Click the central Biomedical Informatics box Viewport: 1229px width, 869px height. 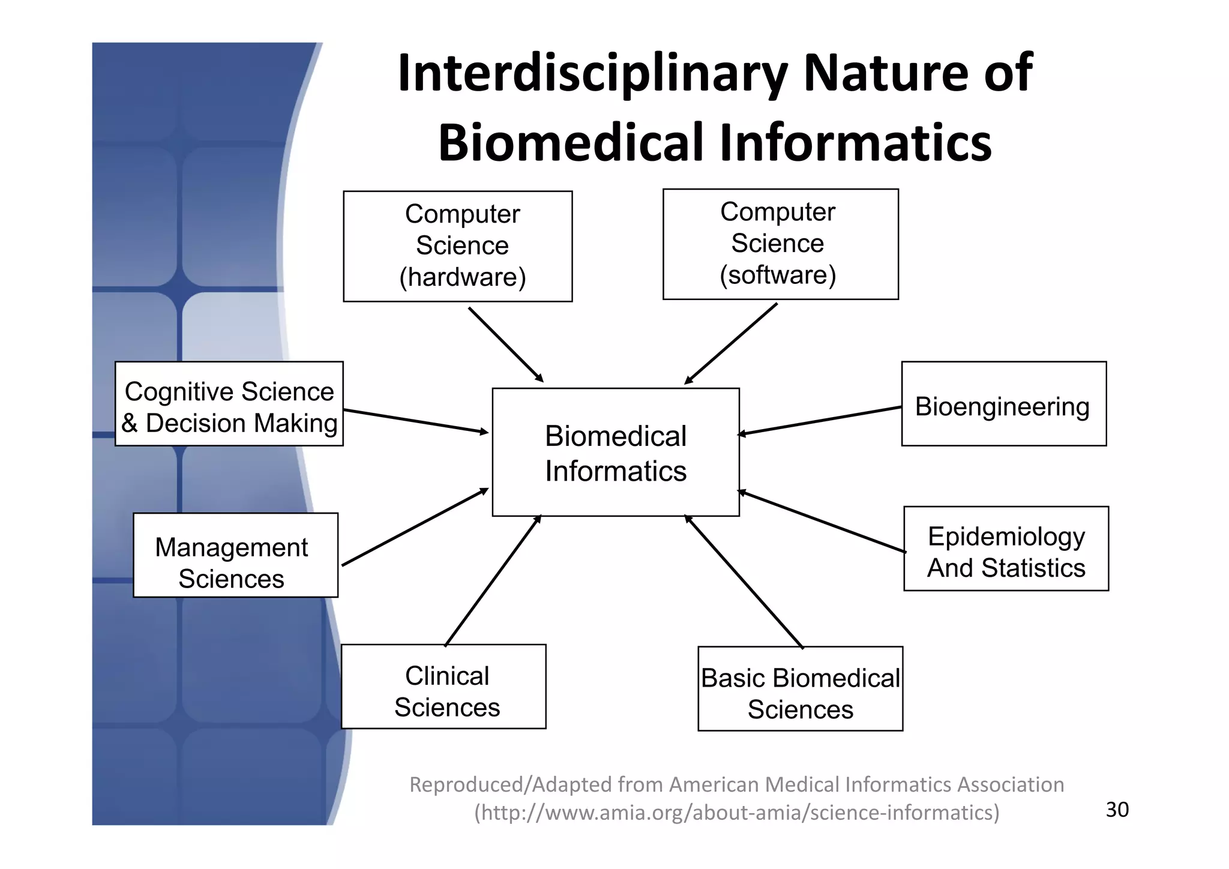coord(616,452)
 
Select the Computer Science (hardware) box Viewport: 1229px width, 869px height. coord(458,246)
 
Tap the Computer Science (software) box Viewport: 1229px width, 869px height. coord(780,244)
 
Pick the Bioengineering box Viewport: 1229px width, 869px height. coord(1003,403)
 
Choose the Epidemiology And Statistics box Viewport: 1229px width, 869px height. coord(1006,549)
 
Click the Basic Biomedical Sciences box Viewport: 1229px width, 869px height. coord(800,688)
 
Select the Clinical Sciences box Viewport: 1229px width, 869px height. coord(443,687)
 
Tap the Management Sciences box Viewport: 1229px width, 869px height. coord(235,555)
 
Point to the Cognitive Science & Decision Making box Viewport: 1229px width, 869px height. coord(229,403)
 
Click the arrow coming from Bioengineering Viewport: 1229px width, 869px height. coord(820,420)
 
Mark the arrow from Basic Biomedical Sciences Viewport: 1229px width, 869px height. coord(744,581)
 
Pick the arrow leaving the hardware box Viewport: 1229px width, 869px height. coord(506,344)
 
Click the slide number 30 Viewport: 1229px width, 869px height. coord(1117,810)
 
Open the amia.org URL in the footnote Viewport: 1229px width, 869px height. coord(737,813)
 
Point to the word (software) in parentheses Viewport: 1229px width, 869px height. coord(778,275)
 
